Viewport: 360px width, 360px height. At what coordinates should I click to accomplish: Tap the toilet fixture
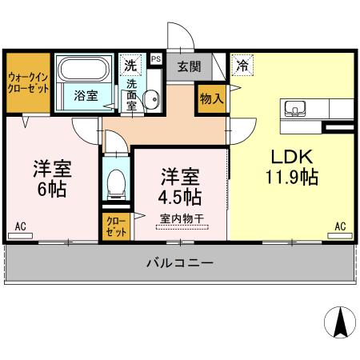tap(115, 182)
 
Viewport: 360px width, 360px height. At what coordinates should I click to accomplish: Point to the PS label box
tap(155, 58)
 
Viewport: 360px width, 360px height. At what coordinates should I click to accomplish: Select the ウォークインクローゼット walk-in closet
tap(28, 83)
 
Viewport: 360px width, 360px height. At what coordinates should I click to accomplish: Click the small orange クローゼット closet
tap(115, 226)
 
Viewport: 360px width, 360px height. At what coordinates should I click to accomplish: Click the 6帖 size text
tap(53, 190)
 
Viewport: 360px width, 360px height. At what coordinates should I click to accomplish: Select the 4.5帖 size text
tap(179, 195)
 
